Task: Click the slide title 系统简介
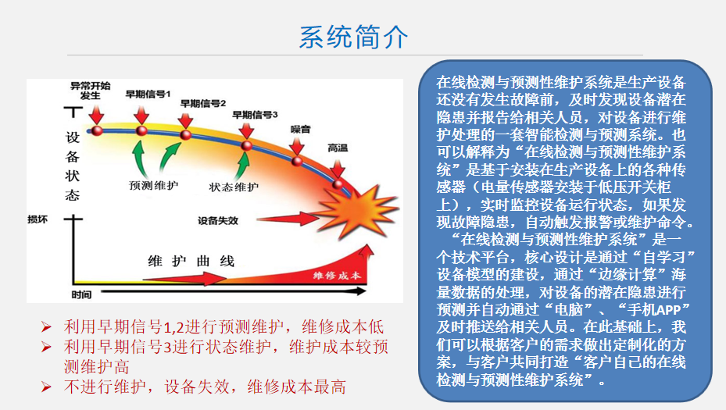pos(353,37)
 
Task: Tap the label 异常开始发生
pos(91,91)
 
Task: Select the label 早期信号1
pos(148,94)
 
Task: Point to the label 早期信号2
pos(203,103)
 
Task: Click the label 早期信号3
pos(255,114)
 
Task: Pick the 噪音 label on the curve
pos(300,129)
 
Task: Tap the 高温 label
pos(338,148)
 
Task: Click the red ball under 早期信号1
pos(141,130)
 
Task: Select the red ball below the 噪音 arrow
pos(297,161)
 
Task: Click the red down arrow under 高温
pos(338,168)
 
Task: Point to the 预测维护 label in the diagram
pos(153,186)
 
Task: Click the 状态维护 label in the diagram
pos(234,187)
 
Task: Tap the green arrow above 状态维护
pos(242,166)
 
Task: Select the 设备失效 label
pos(217,221)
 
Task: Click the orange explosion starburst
pos(356,211)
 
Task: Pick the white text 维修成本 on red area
pos(337,276)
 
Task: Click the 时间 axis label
pos(81,294)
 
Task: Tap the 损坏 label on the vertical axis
pos(38,219)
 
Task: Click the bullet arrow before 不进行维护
pos(46,387)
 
